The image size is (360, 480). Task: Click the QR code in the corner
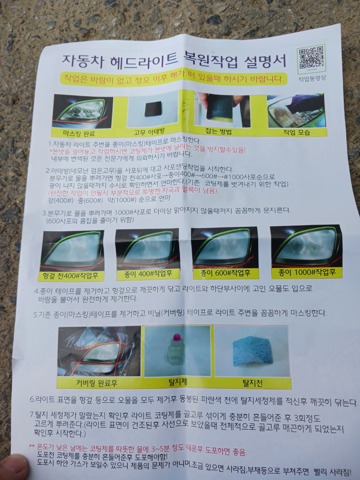pos(311,57)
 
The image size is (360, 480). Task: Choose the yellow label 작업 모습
pos(296,132)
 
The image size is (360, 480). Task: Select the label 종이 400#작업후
pos(148,274)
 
